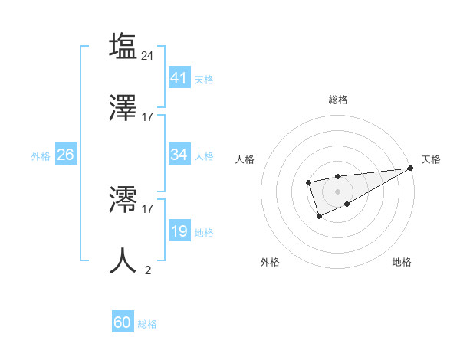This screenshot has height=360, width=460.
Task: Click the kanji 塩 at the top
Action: (x=123, y=46)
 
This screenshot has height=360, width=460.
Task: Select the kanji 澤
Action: (x=123, y=107)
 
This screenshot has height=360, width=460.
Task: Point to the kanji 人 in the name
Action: (x=123, y=260)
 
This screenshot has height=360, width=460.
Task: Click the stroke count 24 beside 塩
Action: (x=148, y=55)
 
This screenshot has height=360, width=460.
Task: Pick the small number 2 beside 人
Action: (x=148, y=270)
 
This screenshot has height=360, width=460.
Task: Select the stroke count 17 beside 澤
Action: (x=148, y=116)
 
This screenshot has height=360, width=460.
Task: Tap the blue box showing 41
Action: (x=179, y=77)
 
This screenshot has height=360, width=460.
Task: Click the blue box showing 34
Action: (x=179, y=155)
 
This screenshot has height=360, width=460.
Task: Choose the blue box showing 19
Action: (x=179, y=231)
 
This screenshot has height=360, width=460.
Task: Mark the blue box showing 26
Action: (x=65, y=155)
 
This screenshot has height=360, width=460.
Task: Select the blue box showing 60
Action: (x=123, y=322)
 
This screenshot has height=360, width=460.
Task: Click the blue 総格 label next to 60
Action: (x=147, y=324)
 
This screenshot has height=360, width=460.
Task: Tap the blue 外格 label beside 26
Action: (x=41, y=155)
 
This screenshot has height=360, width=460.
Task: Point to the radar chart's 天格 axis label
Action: (x=431, y=159)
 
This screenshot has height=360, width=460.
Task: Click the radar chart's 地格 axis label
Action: (x=402, y=263)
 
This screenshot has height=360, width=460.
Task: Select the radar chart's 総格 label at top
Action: (x=337, y=100)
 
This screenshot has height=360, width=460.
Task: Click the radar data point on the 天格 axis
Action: (x=411, y=169)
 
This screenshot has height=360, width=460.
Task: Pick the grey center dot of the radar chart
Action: (x=337, y=191)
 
